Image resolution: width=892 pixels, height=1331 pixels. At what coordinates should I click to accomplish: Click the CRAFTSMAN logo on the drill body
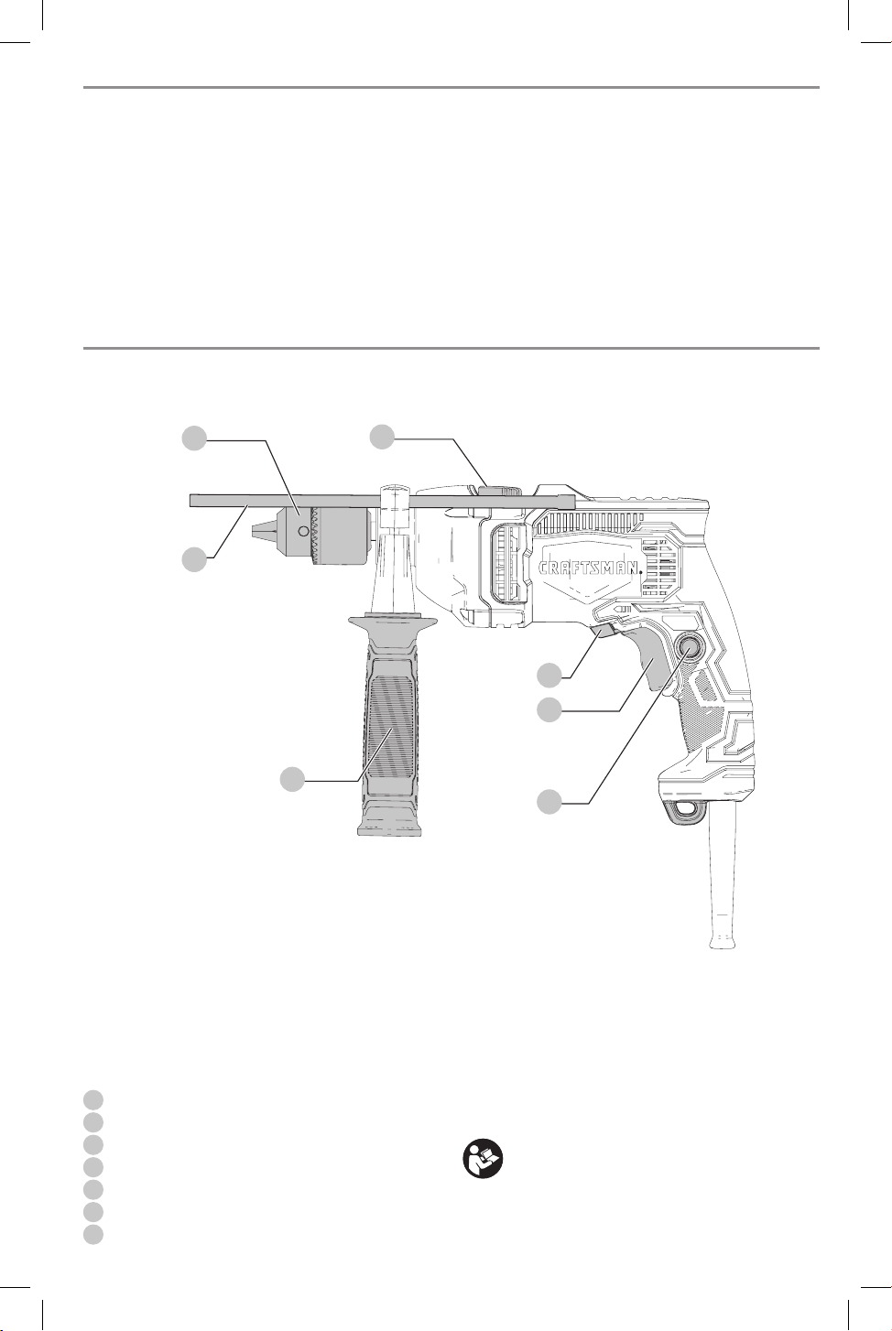591,568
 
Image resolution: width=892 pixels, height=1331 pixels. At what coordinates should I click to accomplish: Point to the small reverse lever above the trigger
603,630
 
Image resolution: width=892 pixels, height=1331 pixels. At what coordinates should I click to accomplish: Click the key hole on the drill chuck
304,530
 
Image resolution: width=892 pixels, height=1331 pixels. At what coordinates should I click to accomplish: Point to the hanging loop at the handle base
687,811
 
